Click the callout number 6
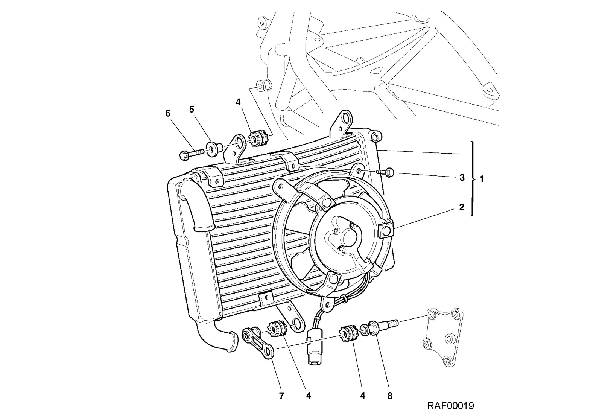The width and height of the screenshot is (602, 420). pos(168,114)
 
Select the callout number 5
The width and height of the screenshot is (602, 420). pos(192,110)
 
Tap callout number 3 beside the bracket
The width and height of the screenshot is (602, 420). pos(462,178)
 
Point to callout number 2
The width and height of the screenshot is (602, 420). pos(461,207)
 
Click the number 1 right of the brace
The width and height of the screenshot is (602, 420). pos(482,179)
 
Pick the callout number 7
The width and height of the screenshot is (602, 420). pos(281,396)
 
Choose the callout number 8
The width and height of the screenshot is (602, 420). pos(390,396)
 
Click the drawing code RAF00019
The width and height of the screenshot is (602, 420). pos(451,406)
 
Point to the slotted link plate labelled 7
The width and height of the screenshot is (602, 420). pos(258,342)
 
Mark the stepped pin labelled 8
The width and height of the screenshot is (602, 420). pos(383,326)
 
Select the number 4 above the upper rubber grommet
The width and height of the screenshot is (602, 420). pos(238,102)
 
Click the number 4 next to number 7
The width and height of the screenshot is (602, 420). pos(309,396)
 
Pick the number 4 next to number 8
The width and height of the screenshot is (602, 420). pos(363,396)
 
